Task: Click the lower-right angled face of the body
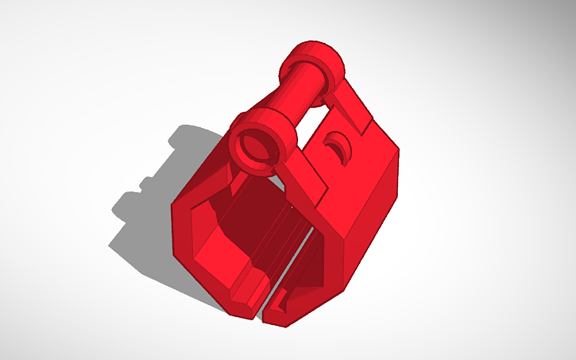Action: [326, 286]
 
